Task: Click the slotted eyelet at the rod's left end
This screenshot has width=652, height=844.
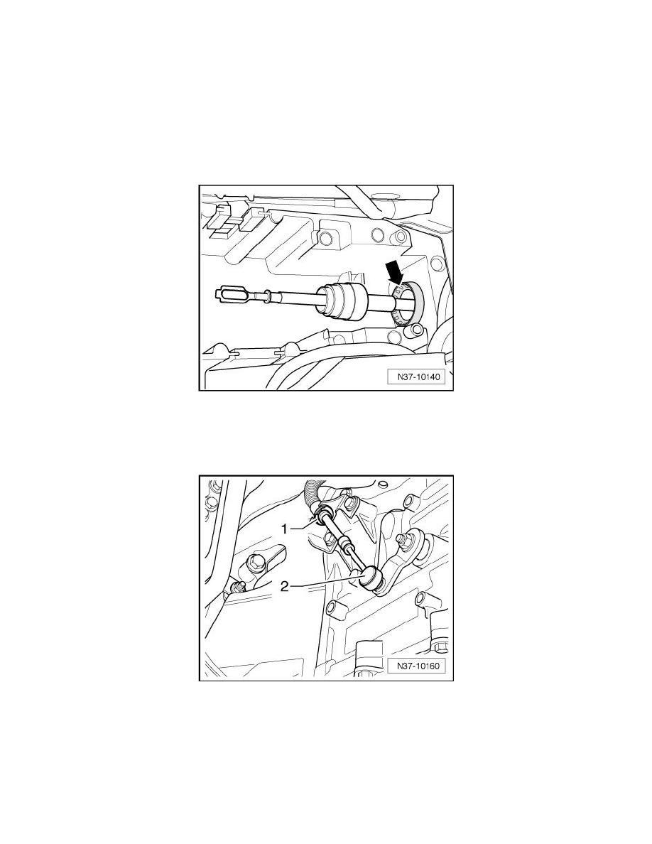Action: [229, 291]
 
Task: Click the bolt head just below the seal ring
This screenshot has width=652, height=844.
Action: [416, 328]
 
